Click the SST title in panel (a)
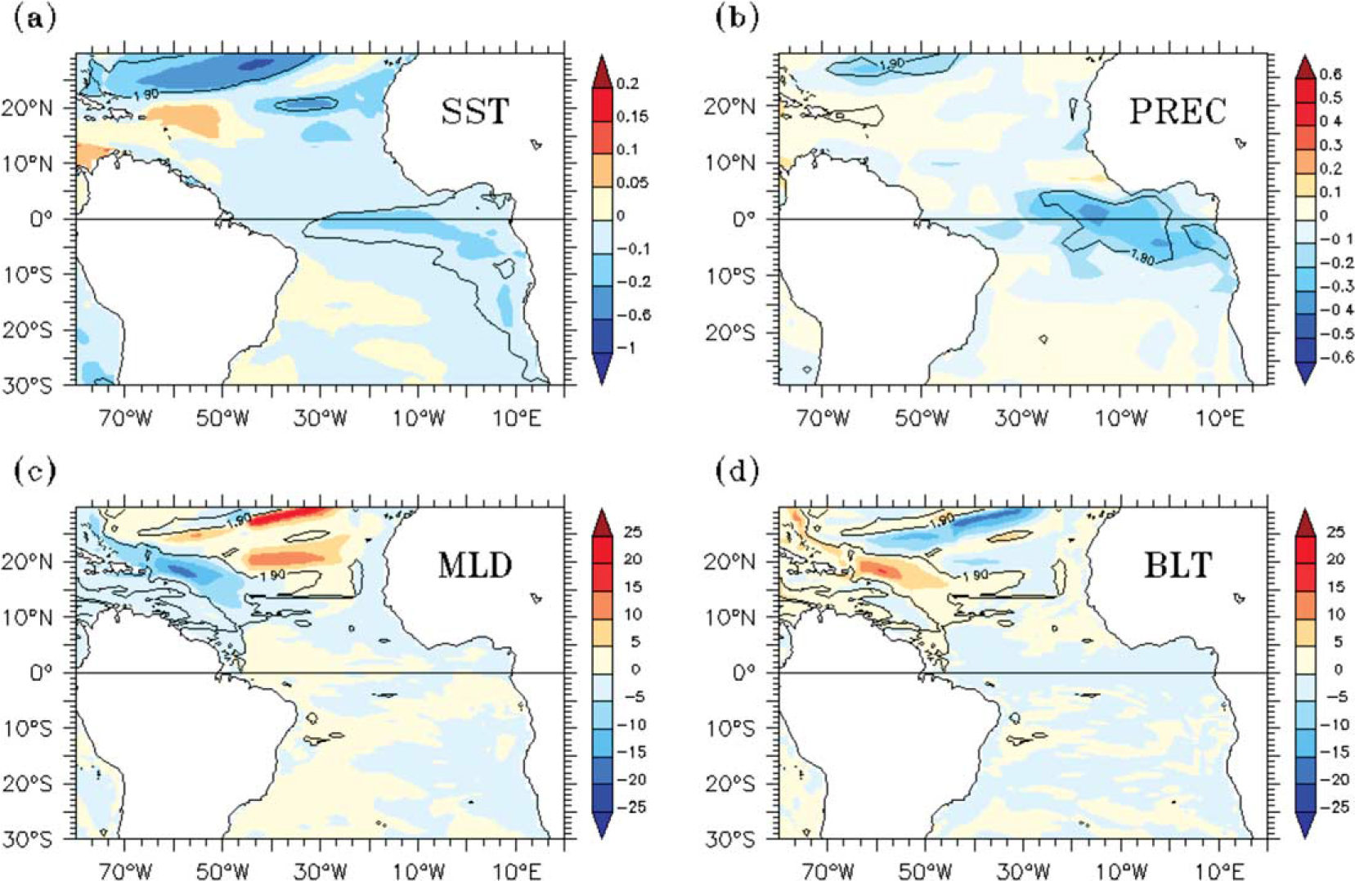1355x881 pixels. click(x=475, y=111)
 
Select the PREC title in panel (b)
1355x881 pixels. click(x=1178, y=111)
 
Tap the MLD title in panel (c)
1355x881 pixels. click(x=475, y=565)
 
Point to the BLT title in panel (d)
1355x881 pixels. click(x=1178, y=565)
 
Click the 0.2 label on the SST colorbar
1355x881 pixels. click(x=627, y=83)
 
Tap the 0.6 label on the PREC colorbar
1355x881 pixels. click(x=1330, y=74)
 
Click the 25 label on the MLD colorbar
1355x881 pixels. click(x=632, y=532)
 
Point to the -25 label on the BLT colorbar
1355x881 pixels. click(x=1333, y=807)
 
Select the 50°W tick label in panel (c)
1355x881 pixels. click(x=222, y=871)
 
